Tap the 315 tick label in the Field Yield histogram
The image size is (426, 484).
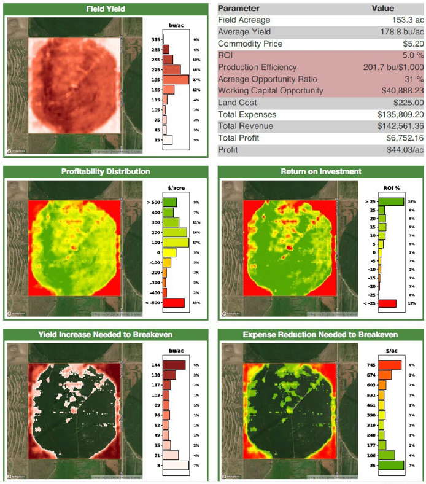155,39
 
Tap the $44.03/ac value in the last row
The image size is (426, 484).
403,150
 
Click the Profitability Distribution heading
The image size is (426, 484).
107,171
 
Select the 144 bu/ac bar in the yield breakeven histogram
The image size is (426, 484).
174,365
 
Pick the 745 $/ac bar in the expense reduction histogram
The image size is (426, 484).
389,365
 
